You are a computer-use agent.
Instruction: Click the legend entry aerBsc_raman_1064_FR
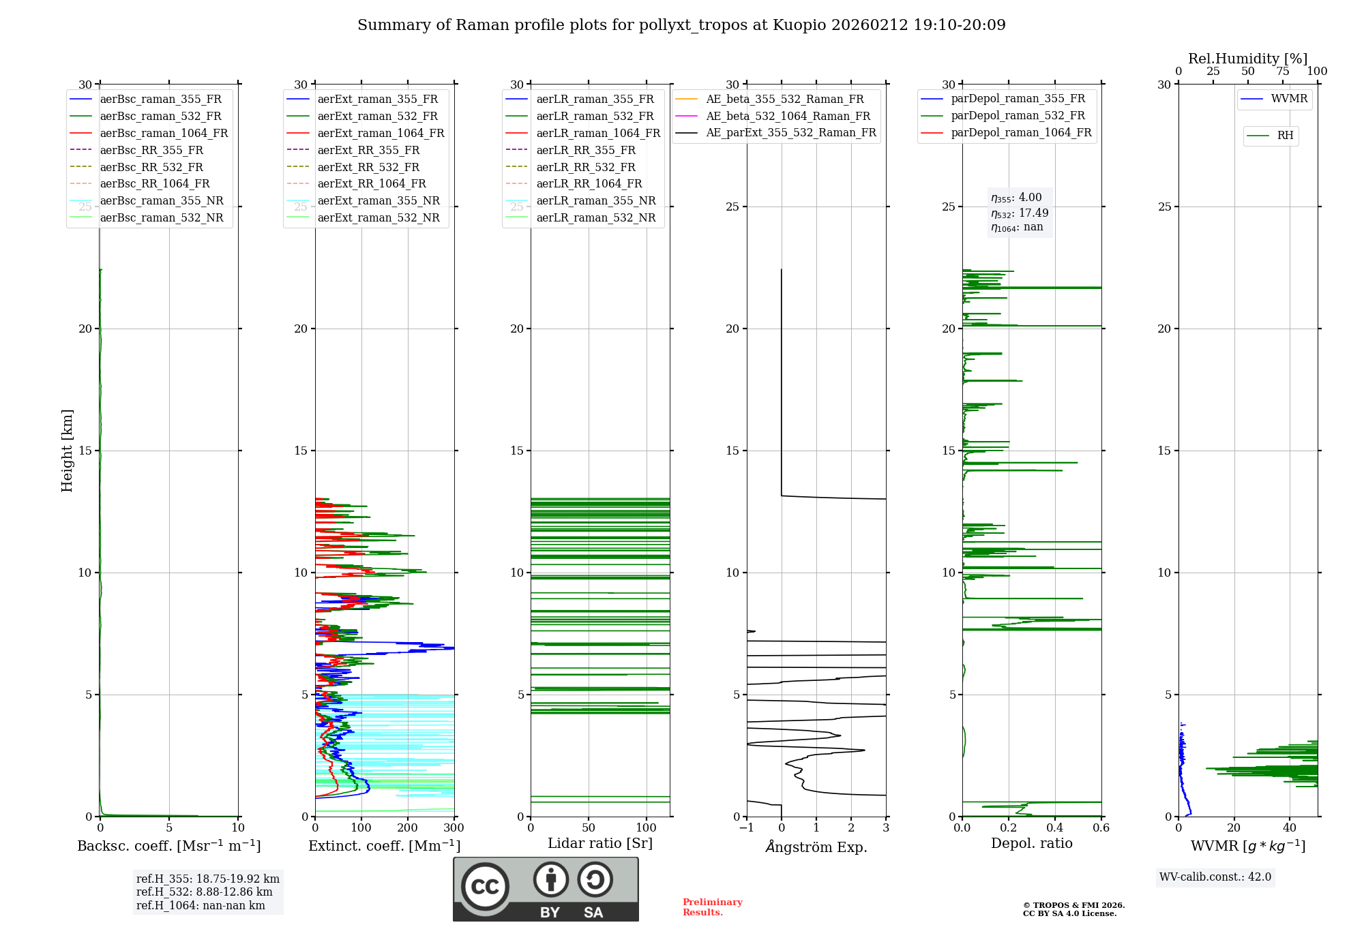coord(164,133)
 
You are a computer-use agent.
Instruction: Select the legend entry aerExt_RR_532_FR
coord(368,167)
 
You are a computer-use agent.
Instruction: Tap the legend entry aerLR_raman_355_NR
coord(595,200)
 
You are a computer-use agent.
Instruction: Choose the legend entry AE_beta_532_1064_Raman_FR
coord(788,116)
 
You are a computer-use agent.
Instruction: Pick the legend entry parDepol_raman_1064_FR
coord(1021,132)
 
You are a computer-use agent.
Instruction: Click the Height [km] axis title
coord(67,451)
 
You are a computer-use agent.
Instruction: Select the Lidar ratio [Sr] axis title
coord(600,843)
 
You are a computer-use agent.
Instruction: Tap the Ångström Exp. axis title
coord(816,847)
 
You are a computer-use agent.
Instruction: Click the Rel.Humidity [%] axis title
coord(1247,59)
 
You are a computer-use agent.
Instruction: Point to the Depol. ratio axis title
coord(1031,843)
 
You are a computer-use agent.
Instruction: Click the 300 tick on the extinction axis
coord(454,828)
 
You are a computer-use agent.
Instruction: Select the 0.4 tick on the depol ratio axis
coord(1054,828)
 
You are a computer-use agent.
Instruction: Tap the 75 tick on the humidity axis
coord(1283,72)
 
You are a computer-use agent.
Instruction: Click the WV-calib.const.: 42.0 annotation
coord(1215,877)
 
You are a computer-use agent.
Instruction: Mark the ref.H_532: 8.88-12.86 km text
coord(204,892)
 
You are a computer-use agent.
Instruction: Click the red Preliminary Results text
coord(712,907)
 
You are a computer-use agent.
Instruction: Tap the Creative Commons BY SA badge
coord(546,890)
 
